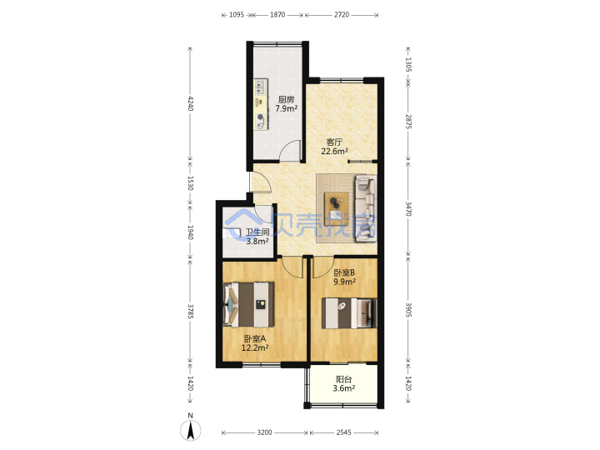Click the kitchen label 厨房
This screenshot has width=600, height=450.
point(286,100)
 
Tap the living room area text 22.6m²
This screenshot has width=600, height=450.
point(334,151)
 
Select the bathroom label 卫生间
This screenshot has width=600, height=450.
point(257,232)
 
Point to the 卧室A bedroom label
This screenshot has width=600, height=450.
point(255,338)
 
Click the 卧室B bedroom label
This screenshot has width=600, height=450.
point(344,272)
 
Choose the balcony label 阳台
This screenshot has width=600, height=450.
point(343,379)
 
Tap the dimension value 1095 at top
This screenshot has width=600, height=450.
point(237,14)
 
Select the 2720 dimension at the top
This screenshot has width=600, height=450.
point(342,14)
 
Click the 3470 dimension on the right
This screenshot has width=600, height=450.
point(408,208)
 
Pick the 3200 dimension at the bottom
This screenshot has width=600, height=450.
point(264,432)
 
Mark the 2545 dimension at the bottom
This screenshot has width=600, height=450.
point(343,432)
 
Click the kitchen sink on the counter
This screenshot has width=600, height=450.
point(261,87)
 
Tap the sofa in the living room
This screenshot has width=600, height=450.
point(366,208)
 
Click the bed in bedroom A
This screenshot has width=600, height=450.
point(248,305)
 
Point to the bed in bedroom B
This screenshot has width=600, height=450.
point(349,313)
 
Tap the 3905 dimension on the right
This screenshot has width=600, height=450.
point(408,310)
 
